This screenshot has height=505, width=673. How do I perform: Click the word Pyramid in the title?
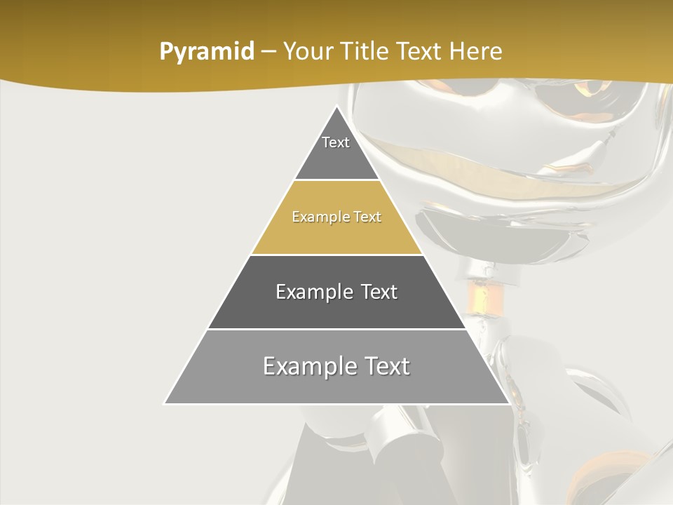click(206, 52)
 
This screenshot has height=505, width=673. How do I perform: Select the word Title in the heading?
click(366, 52)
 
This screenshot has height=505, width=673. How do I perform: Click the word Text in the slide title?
click(421, 52)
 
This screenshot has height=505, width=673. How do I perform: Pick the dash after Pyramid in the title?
click(268, 52)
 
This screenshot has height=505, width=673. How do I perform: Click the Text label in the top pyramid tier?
click(336, 142)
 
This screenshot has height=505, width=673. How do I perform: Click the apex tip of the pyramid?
click(336, 107)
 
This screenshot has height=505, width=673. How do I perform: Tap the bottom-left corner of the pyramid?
click(165, 403)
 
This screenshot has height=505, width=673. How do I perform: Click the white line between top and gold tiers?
click(336, 180)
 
